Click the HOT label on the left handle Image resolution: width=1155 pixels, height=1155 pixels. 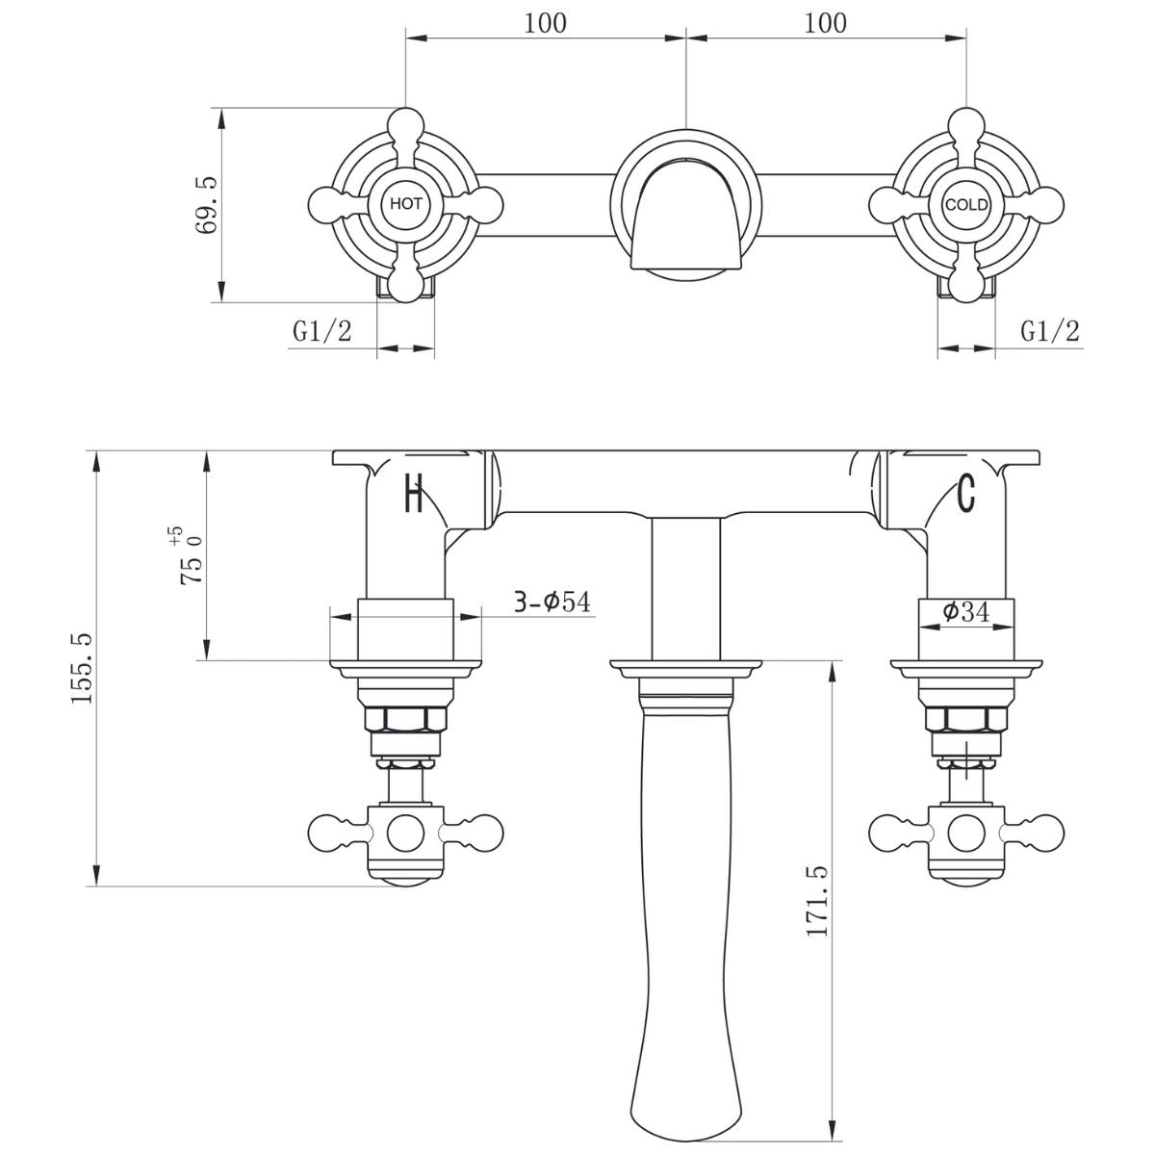tap(405, 204)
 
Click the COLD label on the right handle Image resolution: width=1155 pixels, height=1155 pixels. tap(965, 204)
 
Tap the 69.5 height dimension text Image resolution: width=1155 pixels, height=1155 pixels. tap(206, 203)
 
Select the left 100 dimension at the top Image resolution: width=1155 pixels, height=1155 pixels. tap(545, 22)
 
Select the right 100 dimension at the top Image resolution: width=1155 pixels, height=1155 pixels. tap(825, 22)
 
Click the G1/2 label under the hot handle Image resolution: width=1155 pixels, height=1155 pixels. tap(322, 332)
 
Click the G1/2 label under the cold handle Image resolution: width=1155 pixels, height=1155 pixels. tap(1050, 332)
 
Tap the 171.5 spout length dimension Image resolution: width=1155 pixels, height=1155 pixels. tap(817, 901)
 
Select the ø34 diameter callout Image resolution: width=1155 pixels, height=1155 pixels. tap(966, 611)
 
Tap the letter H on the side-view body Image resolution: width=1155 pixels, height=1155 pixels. tap(414, 496)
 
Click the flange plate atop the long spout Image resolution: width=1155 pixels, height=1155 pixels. tap(685, 666)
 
